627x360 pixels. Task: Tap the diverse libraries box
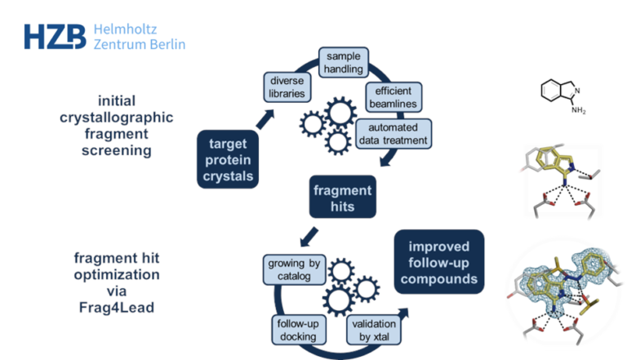click(286, 87)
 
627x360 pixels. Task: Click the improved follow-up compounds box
click(439, 262)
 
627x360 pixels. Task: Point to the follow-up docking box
click(297, 330)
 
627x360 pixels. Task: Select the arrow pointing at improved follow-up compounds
click(402, 313)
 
